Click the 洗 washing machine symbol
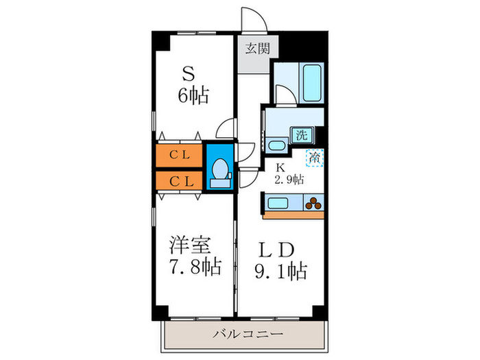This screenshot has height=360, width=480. pyautogui.click(x=301, y=135)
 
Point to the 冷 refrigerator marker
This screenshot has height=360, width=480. pyautogui.click(x=315, y=159)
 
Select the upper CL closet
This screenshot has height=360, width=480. pyautogui.click(x=180, y=154)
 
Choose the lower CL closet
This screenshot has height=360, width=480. pyautogui.click(x=180, y=181)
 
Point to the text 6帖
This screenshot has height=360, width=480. pyautogui.click(x=194, y=95)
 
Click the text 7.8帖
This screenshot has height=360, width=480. pyautogui.click(x=195, y=266)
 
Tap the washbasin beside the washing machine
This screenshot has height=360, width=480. pyautogui.click(x=277, y=145)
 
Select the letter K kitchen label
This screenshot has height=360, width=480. pyautogui.click(x=280, y=167)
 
